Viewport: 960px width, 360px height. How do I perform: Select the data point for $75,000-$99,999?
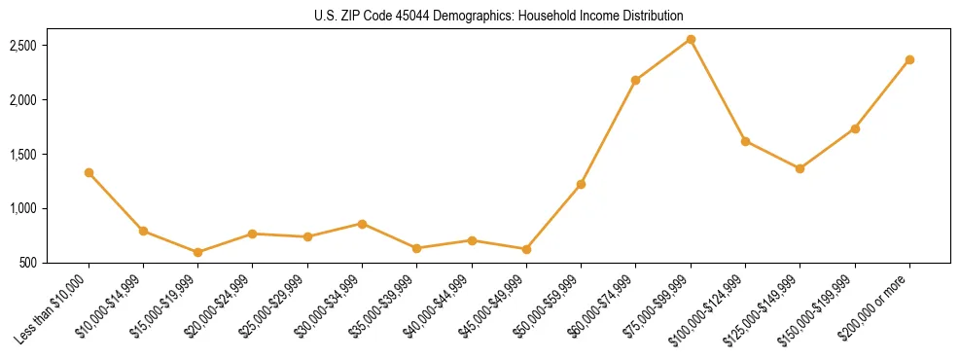(x=691, y=39)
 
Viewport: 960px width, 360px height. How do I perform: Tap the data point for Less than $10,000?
(x=89, y=172)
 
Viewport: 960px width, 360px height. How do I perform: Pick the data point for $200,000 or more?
(x=909, y=59)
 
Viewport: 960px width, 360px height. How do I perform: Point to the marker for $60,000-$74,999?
(x=635, y=80)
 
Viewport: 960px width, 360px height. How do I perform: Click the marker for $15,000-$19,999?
(x=198, y=252)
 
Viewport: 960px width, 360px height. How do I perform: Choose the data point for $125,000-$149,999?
(x=800, y=168)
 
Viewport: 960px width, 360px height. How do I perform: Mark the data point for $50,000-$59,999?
(x=581, y=184)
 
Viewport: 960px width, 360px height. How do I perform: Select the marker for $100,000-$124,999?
(x=745, y=141)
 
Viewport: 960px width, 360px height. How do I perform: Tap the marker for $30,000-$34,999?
(x=362, y=224)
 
